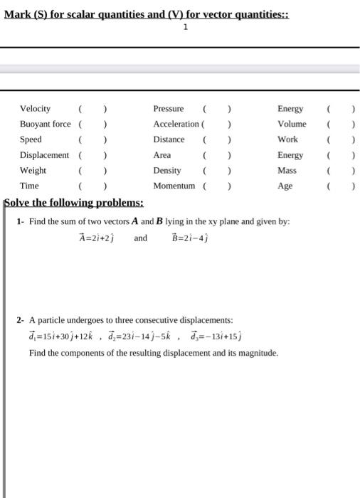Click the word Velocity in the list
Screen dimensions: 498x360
point(35,109)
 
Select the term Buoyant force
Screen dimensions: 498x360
point(45,124)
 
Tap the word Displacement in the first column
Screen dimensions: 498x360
point(44,155)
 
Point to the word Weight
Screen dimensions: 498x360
point(33,171)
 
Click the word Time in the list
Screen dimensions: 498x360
point(29,186)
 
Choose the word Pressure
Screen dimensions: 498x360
point(169,109)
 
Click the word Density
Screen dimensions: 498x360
point(167,171)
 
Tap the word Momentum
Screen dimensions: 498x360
point(174,186)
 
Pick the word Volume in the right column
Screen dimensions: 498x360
point(292,124)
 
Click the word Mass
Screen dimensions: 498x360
point(287,171)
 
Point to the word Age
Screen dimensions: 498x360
point(285,186)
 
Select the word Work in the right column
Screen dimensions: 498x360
point(287,139)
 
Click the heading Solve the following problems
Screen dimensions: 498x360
point(74,202)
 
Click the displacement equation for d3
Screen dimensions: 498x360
point(216,337)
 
